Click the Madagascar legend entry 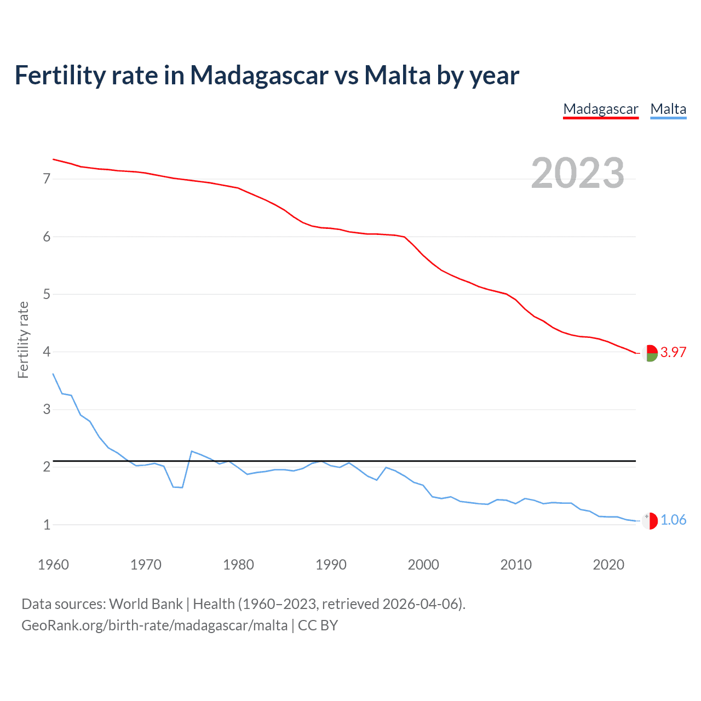click(x=601, y=109)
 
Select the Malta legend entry click(x=668, y=109)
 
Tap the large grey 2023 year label click(x=578, y=173)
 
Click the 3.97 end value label click(x=673, y=352)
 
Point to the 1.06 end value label click(x=673, y=520)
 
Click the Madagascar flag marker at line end click(x=650, y=353)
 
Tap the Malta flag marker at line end click(x=650, y=521)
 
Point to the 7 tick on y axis click(x=47, y=179)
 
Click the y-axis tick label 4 click(x=47, y=352)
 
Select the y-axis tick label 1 click(x=47, y=525)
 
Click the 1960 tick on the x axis click(x=53, y=565)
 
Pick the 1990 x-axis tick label click(x=331, y=565)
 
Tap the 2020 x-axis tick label click(x=608, y=565)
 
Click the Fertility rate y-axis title click(x=23, y=340)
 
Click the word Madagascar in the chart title click(x=259, y=75)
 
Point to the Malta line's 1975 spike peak click(x=192, y=451)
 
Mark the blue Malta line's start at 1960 click(x=53, y=374)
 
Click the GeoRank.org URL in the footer click(x=154, y=625)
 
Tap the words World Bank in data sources click(x=146, y=604)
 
